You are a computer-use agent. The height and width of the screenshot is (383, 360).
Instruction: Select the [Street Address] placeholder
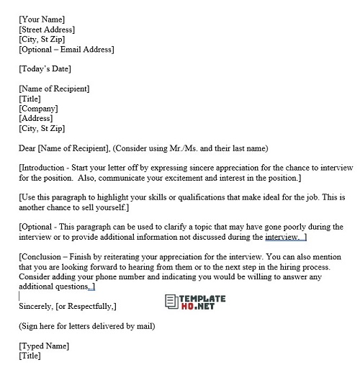[x=47, y=30]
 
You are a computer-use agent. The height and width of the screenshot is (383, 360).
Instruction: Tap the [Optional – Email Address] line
[x=66, y=50]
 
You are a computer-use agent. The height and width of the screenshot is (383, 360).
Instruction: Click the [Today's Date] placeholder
[x=45, y=69]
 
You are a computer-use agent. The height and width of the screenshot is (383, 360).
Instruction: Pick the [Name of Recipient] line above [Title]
[x=55, y=89]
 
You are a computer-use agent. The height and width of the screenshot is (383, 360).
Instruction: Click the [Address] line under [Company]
[x=36, y=119]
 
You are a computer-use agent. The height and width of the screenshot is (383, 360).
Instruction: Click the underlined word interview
[x=282, y=237]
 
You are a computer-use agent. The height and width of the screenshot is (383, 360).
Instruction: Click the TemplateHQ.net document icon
[x=171, y=302]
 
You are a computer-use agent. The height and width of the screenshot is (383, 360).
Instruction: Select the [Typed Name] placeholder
[x=45, y=346]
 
